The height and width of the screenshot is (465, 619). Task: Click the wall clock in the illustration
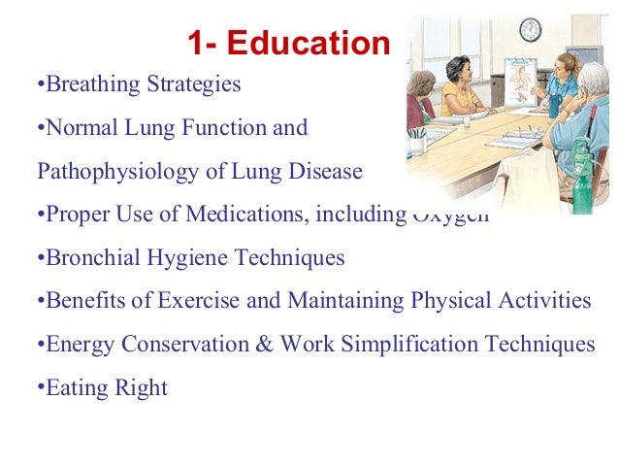(x=531, y=29)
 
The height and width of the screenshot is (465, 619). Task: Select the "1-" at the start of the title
(x=206, y=44)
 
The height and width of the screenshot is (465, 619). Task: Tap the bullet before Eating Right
(x=41, y=388)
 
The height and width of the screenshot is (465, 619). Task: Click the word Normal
(x=81, y=127)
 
